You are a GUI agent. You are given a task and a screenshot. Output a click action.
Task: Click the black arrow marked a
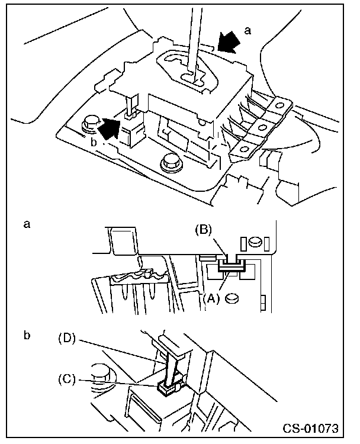(229, 43)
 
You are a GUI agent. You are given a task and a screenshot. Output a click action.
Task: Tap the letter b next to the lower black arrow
(94, 143)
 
